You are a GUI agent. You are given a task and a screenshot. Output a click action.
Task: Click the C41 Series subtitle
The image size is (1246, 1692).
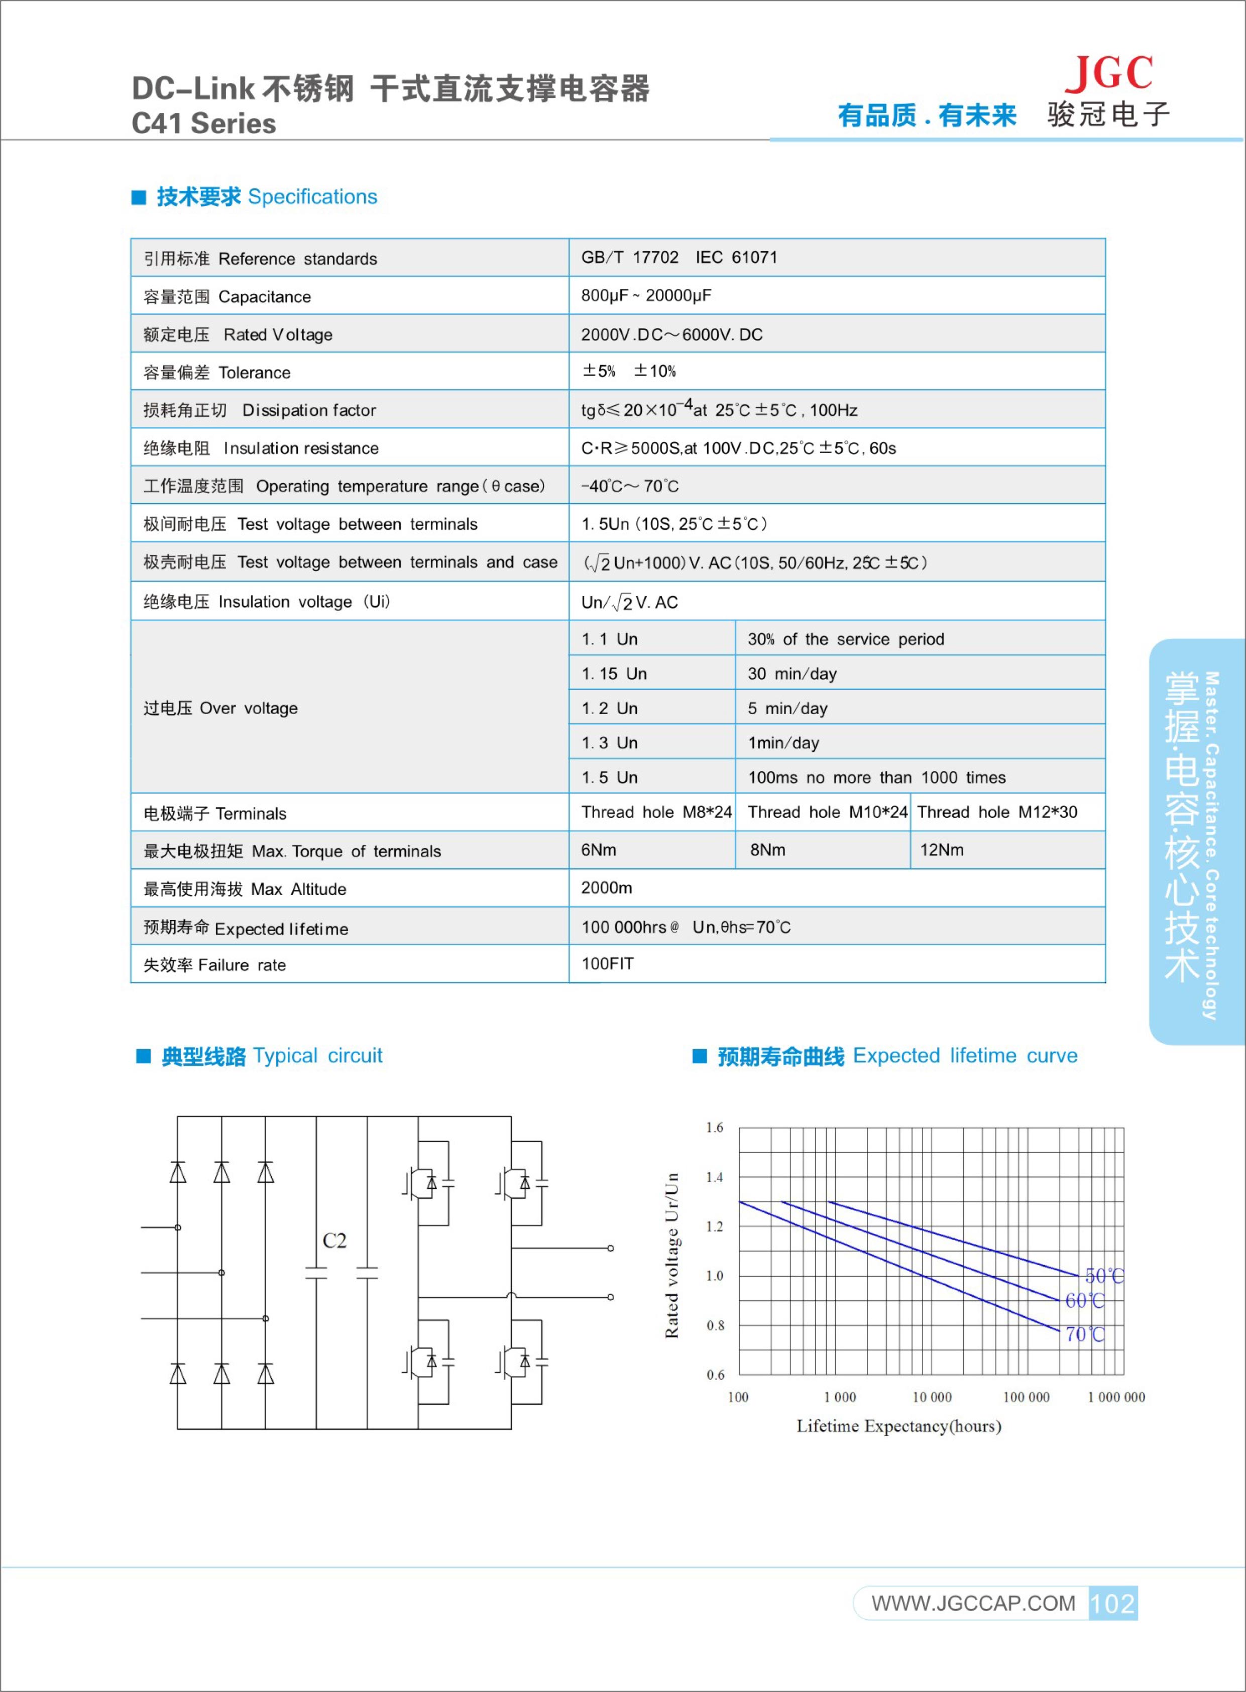203,124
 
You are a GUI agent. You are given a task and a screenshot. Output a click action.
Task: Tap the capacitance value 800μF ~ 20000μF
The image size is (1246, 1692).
646,296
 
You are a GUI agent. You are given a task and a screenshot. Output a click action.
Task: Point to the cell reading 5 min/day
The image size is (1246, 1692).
787,708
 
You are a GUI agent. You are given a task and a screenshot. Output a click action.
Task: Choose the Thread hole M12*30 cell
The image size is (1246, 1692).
997,813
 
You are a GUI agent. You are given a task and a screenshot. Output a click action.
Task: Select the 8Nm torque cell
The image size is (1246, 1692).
768,850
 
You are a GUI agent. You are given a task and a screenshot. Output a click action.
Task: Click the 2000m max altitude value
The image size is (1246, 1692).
606,888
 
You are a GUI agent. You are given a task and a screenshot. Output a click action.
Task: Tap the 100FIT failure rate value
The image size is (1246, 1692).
608,964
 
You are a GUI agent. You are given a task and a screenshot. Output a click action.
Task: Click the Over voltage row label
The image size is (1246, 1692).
220,708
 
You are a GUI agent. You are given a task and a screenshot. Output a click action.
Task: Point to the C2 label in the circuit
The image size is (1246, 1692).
334,1241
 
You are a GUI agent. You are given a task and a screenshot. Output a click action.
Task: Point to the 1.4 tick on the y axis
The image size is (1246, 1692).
714,1177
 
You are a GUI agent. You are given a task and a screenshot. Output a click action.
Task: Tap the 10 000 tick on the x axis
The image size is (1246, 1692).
932,1397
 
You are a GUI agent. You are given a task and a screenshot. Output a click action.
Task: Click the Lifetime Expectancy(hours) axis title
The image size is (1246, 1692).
899,1426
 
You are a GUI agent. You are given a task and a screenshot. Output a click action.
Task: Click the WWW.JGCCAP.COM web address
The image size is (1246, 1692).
973,1603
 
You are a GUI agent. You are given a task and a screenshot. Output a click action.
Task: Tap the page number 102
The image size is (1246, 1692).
1112,1603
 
